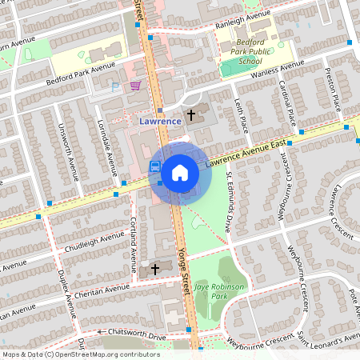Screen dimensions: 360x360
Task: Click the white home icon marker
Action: [x=180, y=171]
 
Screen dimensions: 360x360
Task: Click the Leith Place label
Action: [x=242, y=113]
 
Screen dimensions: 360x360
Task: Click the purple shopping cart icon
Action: [x=136, y=86]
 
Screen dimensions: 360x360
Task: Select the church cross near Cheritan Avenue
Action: [x=154, y=269]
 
